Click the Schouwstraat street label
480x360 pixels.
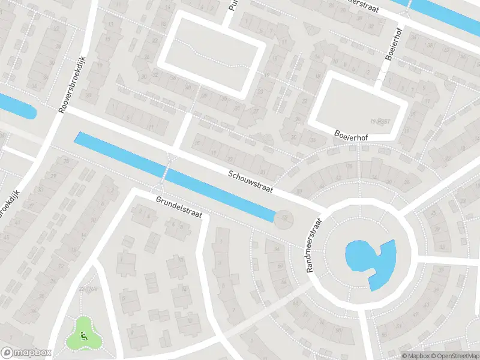click(x=250, y=181)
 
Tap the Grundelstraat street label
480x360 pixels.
click(x=179, y=206)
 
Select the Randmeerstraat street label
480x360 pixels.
click(x=314, y=245)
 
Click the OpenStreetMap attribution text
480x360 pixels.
click(x=451, y=356)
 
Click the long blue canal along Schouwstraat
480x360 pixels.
click(x=174, y=176)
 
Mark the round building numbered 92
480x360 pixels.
click(x=284, y=219)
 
